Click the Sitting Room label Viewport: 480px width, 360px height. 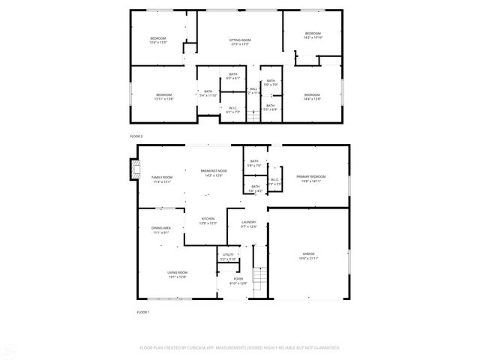pos(240,40)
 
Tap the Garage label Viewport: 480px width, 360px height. pos(308,256)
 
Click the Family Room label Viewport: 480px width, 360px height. pos(162,178)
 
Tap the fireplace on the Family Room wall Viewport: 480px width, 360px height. pos(134,170)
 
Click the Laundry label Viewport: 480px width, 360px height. pos(248,223)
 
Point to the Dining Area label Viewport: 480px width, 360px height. pos(161,229)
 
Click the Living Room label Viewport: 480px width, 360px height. pos(177,274)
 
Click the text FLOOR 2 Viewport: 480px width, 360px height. pos(136,136)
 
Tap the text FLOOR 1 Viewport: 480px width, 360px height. pos(142,311)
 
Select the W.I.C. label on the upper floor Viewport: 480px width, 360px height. pos(232,109)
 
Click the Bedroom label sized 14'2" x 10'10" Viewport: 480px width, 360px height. pos(312,34)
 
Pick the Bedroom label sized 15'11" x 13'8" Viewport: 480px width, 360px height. pos(163,96)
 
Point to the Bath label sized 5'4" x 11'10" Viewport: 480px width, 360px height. pos(208,95)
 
